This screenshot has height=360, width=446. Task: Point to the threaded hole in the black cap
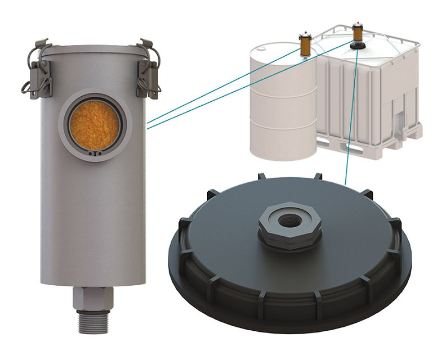(289, 217)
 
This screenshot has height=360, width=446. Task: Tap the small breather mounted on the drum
(305, 43)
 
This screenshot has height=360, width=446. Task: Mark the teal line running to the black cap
(349, 124)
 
